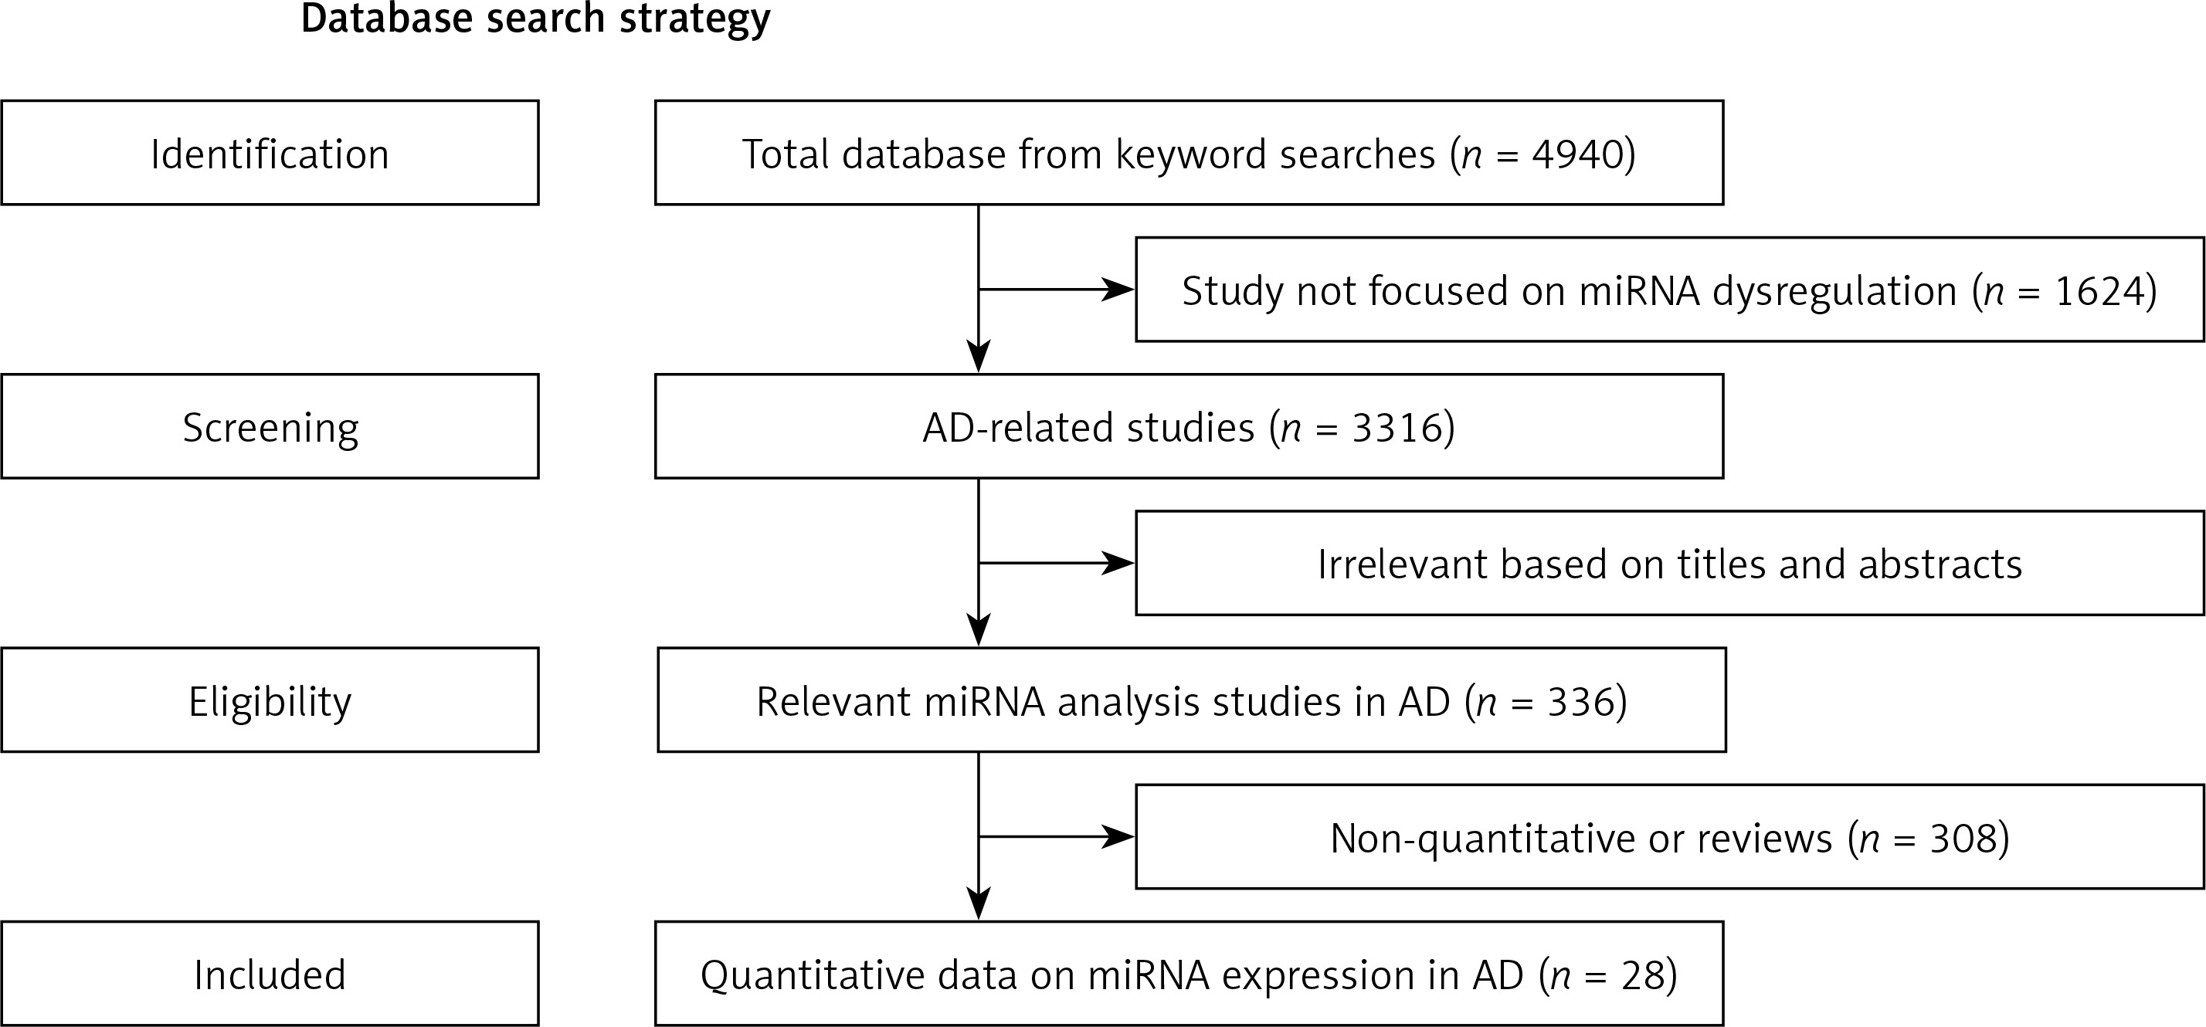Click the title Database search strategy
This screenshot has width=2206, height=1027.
point(535,19)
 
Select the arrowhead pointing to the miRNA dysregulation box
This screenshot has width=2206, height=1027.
point(1118,290)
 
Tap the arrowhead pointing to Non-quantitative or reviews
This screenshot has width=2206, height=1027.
point(1118,837)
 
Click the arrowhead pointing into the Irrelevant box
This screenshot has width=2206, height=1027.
point(1118,563)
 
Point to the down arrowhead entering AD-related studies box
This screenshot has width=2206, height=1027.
point(978,356)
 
